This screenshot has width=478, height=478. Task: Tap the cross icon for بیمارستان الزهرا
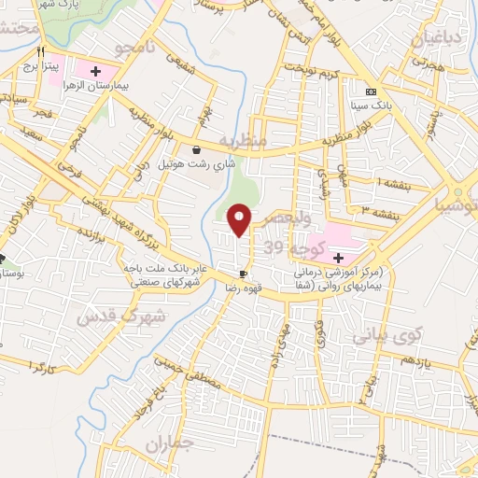pyautogui.click(x=95, y=71)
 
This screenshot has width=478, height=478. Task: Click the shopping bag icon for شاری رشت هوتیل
pyautogui.click(x=195, y=150)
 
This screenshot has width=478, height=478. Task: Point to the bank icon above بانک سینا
pyautogui.click(x=371, y=91)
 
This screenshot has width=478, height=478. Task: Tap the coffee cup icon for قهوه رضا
pyautogui.click(x=243, y=274)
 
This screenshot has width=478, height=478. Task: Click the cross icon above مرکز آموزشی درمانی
pyautogui.click(x=337, y=257)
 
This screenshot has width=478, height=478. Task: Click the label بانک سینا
pyautogui.click(x=371, y=106)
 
